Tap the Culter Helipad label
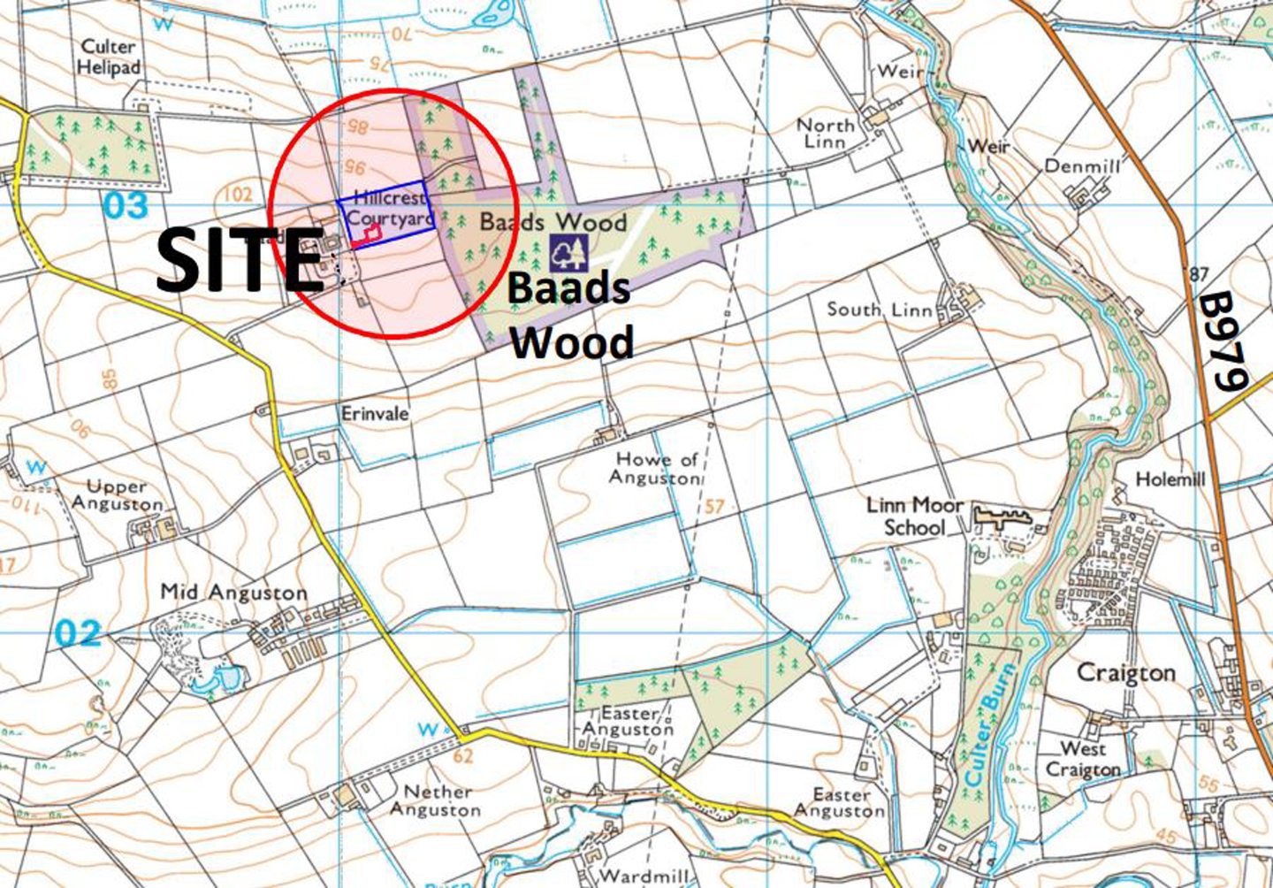coord(109,57)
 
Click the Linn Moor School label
coord(914,516)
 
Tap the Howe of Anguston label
coord(657,468)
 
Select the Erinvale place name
coord(376,413)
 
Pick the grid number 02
coord(77,633)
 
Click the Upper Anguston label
coord(117,495)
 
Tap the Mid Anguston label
coord(233,593)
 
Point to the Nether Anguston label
coord(435,800)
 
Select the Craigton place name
coord(1125,673)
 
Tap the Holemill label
coord(1170,479)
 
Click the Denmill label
coord(1082,165)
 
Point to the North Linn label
coord(826,134)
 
